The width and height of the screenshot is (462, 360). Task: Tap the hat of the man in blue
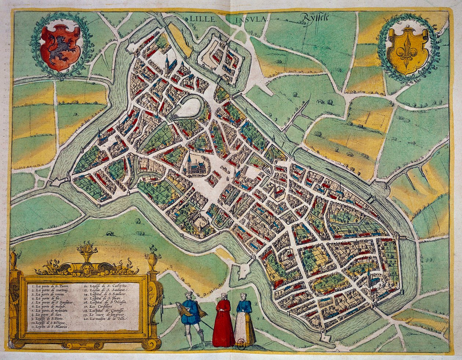tap(188, 294)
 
